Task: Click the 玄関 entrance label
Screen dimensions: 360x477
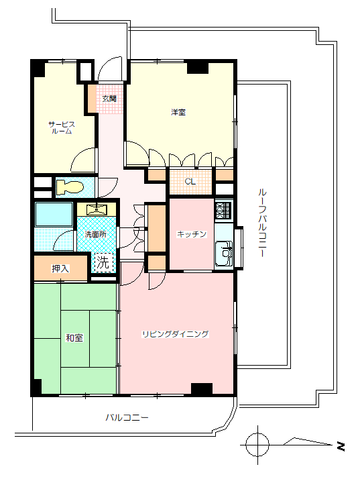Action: pyautogui.click(x=109, y=99)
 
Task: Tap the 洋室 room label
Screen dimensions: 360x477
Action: pyautogui.click(x=178, y=112)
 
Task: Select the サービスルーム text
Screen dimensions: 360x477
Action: pyautogui.click(x=62, y=127)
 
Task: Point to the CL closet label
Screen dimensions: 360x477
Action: pyautogui.click(x=190, y=182)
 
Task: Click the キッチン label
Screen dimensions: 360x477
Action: pyautogui.click(x=192, y=234)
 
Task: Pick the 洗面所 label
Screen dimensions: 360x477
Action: pyautogui.click(x=95, y=234)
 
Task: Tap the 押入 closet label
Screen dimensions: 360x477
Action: pyautogui.click(x=60, y=268)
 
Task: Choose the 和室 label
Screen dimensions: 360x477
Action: pyautogui.click(x=74, y=337)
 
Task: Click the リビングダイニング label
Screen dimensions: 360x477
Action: pyautogui.click(x=176, y=334)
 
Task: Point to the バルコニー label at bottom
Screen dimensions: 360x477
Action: pyautogui.click(x=127, y=417)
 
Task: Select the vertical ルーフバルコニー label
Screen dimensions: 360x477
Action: pyautogui.click(x=262, y=223)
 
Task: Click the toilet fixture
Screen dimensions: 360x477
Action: pyautogui.click(x=69, y=187)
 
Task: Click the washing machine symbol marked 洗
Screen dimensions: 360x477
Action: pyautogui.click(x=103, y=262)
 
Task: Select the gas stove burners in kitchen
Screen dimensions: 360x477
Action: pyautogui.click(x=224, y=211)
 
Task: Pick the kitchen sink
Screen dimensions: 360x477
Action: pyautogui.click(x=224, y=253)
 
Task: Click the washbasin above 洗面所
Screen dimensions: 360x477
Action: pyautogui.click(x=97, y=209)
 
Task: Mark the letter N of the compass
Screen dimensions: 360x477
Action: pyautogui.click(x=341, y=446)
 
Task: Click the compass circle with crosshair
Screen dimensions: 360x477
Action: pyautogui.click(x=257, y=445)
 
